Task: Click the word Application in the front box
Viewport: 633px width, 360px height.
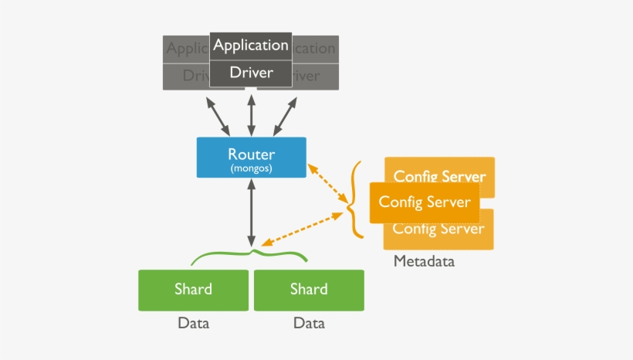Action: (x=251, y=45)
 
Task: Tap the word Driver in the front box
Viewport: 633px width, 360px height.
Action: (x=251, y=73)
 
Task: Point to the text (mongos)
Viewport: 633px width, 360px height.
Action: (x=251, y=168)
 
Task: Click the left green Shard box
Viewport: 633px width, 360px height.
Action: (x=193, y=290)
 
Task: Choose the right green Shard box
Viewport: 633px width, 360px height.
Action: (x=309, y=290)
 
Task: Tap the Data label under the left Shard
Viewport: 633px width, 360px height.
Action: (x=193, y=323)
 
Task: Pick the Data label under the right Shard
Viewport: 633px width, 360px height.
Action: (x=309, y=323)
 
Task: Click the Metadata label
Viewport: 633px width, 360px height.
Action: (x=424, y=261)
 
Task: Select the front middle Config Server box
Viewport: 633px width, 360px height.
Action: (x=424, y=202)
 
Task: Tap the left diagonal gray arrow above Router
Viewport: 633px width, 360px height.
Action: (x=218, y=115)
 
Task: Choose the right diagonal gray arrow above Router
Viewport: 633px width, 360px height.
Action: (x=283, y=115)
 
